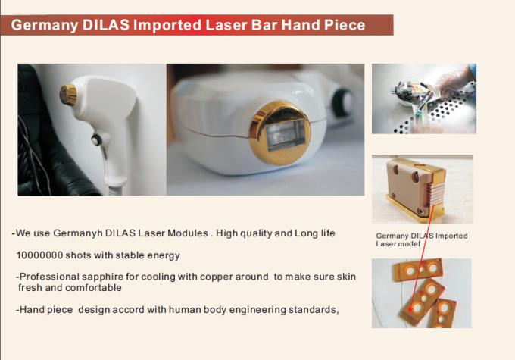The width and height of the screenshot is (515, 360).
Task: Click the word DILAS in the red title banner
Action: (106, 25)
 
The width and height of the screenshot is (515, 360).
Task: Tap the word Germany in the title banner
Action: (45, 26)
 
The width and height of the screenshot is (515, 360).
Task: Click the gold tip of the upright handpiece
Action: (68, 95)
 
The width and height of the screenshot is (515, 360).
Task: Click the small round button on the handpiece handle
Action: (96, 139)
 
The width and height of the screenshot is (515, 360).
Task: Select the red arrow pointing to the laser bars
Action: (421, 258)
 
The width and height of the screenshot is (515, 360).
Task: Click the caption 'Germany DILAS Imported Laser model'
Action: (422, 239)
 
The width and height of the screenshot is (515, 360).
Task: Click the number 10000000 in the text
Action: (39, 255)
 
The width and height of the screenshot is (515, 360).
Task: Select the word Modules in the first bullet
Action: (188, 233)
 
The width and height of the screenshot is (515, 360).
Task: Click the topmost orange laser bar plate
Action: (418, 270)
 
